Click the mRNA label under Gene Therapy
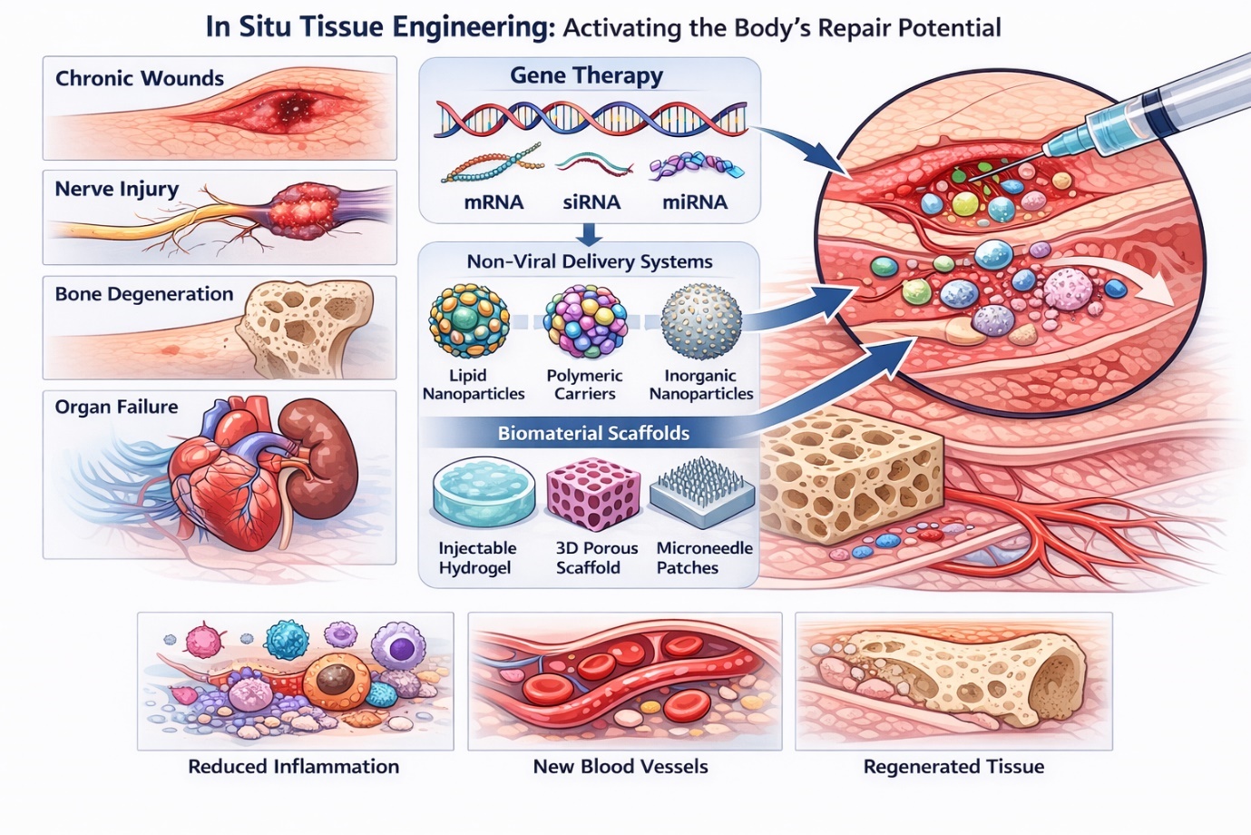[x=494, y=202]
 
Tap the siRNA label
[x=591, y=202]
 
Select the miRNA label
[x=695, y=202]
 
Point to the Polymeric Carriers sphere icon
[x=586, y=322]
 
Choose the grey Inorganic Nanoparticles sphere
[x=701, y=321]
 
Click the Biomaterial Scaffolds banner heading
[x=593, y=433]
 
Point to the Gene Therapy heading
[x=586, y=75]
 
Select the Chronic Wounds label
[x=140, y=78]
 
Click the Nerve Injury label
[x=117, y=189]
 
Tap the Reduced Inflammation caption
[x=293, y=766]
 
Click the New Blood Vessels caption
[x=621, y=766]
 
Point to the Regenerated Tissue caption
[x=953, y=766]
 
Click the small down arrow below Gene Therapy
[x=589, y=235]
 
